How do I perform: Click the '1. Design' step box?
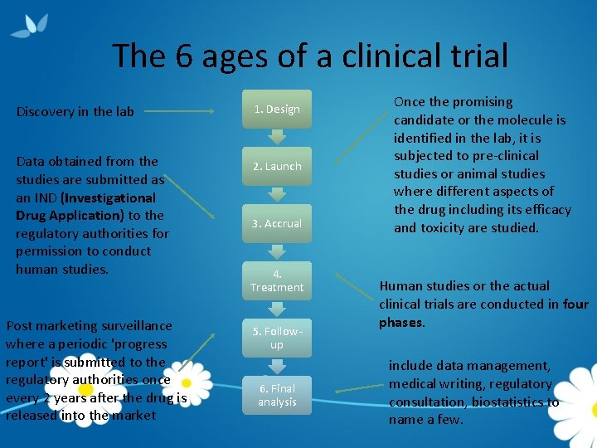point(277,109)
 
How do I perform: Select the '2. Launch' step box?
point(277,166)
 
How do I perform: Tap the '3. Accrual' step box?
point(277,223)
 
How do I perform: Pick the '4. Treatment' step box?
point(277,280)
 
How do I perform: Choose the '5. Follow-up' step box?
point(277,338)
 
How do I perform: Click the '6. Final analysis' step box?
point(277,395)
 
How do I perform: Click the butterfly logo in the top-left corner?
point(29,25)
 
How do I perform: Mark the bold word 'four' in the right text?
point(575,304)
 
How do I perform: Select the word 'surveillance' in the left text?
point(133,325)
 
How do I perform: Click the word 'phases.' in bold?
point(402,322)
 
